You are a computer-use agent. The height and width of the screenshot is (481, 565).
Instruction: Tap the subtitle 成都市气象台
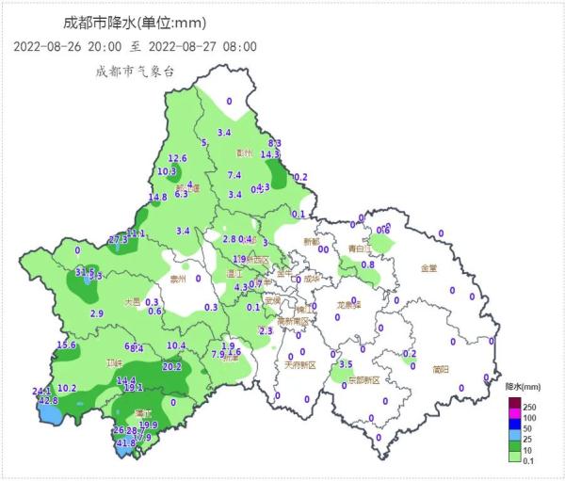point(134,71)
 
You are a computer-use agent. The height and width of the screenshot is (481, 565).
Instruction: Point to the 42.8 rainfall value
point(48,400)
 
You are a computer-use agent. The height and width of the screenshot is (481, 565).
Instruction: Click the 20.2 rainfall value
point(172,366)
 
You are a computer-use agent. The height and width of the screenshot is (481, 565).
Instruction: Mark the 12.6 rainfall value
point(178,158)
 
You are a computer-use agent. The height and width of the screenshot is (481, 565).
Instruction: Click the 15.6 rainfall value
point(66,345)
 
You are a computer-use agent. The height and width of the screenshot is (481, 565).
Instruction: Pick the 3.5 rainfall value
point(346,364)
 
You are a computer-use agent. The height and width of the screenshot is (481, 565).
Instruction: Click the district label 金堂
point(428,268)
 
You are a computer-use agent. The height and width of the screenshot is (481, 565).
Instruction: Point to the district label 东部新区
point(363,379)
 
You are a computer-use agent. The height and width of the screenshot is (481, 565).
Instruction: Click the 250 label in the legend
point(529,405)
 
